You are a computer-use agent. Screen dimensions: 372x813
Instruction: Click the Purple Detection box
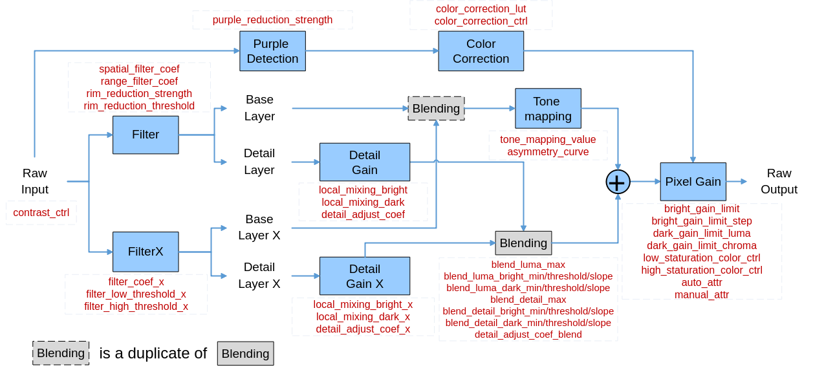click(272, 51)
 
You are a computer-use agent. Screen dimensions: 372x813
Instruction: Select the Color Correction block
click(481, 51)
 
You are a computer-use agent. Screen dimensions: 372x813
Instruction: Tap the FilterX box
click(146, 252)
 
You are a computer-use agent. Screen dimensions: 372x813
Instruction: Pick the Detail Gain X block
click(365, 276)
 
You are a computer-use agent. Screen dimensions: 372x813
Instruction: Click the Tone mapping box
click(548, 109)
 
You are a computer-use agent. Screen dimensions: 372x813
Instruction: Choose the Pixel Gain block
click(693, 182)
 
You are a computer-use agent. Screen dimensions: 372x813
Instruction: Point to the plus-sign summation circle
click(618, 182)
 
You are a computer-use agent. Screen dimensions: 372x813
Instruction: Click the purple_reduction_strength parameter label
click(272, 20)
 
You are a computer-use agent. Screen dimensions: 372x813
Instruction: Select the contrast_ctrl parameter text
click(41, 213)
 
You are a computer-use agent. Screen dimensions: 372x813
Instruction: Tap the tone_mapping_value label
click(548, 140)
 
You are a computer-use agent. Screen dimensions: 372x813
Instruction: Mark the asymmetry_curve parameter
click(548, 152)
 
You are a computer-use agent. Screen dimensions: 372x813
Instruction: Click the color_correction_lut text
click(481, 9)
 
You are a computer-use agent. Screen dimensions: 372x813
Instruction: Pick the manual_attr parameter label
click(702, 294)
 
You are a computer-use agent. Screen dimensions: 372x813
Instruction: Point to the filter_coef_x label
click(136, 282)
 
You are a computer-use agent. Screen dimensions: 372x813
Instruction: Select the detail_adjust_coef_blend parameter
click(528, 334)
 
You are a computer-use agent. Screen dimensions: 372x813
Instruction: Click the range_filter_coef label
click(139, 82)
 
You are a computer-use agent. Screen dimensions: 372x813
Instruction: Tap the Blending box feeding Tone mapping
click(436, 108)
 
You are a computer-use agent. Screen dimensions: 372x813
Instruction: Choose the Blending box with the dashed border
click(61, 353)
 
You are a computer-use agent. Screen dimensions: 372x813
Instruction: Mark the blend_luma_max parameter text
click(528, 265)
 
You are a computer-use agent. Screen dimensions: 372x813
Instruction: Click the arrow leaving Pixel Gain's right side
click(737, 182)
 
